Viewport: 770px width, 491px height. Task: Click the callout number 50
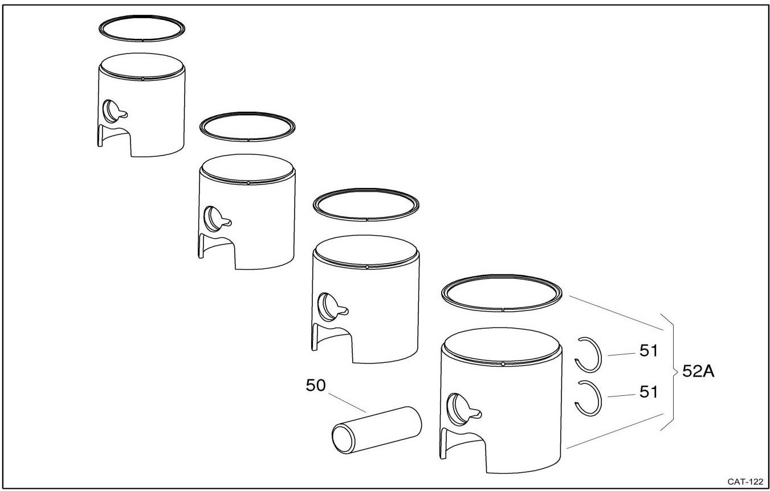(x=316, y=386)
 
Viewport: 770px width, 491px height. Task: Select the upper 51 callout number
(x=648, y=350)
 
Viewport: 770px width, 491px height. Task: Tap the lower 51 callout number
(x=648, y=392)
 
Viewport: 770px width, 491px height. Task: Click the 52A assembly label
(x=698, y=371)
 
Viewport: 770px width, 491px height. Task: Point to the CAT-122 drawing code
(x=745, y=482)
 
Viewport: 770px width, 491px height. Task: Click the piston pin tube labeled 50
(x=377, y=430)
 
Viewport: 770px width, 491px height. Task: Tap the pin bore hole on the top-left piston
(x=111, y=111)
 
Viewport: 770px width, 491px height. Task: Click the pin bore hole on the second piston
(x=212, y=219)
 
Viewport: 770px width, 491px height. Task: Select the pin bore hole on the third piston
(x=326, y=307)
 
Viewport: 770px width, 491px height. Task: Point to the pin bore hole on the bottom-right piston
(x=456, y=410)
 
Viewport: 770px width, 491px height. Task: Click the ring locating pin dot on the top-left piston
(x=142, y=79)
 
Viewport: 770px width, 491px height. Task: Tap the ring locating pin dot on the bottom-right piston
(x=503, y=363)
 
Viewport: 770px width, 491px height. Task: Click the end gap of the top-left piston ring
(x=142, y=40)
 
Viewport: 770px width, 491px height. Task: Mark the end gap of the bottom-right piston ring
(x=503, y=310)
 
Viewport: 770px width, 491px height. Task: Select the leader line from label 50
(x=347, y=403)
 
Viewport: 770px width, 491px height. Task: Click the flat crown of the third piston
(x=366, y=251)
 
